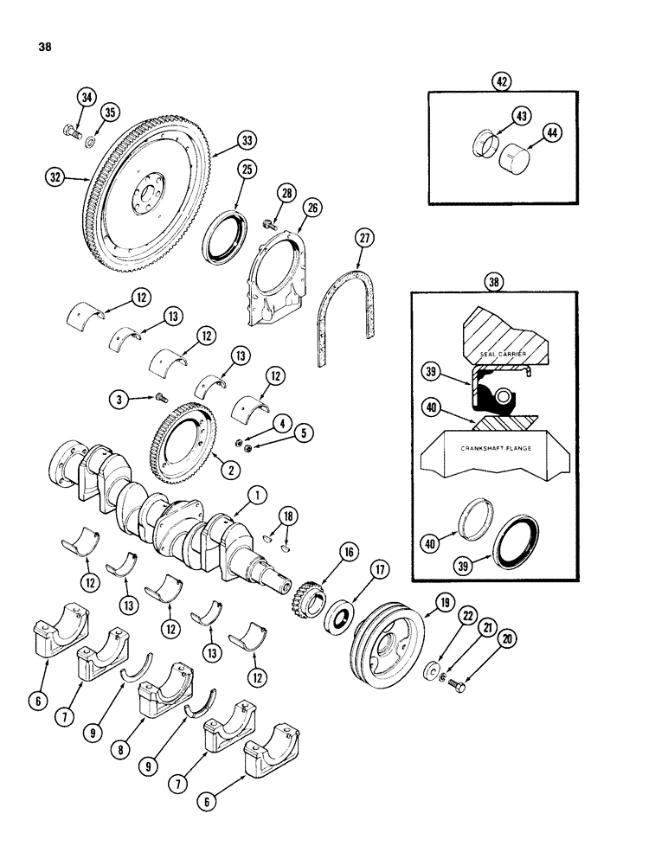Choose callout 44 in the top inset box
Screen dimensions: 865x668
click(551, 131)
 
